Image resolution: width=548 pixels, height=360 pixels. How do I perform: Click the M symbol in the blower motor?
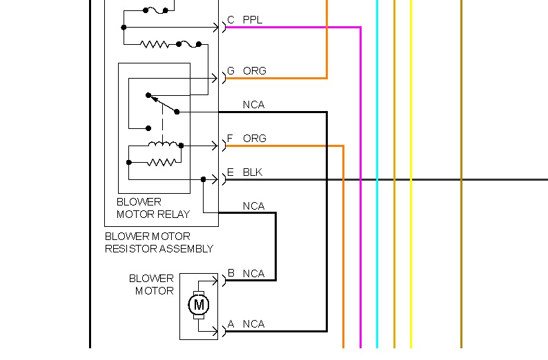click(199, 304)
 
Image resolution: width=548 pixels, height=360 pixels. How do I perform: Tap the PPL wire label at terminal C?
click(253, 20)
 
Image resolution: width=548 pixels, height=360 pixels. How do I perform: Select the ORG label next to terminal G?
click(254, 71)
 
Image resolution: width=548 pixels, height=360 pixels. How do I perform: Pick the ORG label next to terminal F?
click(254, 139)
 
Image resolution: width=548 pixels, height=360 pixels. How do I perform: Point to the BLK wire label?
click(253, 172)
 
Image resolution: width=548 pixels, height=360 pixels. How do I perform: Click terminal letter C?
click(231, 20)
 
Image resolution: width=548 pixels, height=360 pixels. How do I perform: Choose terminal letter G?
click(231, 71)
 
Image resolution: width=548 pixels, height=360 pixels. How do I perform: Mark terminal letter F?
click(231, 139)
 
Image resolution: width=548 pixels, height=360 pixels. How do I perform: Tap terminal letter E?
click(231, 172)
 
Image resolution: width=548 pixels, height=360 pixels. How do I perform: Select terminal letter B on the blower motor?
click(231, 273)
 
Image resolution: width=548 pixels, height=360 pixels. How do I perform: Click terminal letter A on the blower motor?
click(231, 323)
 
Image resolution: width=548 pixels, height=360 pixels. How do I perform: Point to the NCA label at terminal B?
click(253, 274)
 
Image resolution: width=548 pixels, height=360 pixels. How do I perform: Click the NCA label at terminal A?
click(253, 324)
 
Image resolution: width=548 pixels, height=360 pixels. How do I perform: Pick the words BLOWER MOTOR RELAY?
click(153, 208)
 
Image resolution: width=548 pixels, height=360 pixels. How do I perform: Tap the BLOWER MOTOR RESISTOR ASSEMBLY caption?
click(159, 242)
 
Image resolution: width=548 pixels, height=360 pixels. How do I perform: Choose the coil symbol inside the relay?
click(163, 144)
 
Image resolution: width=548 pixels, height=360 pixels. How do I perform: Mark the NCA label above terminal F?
click(253, 105)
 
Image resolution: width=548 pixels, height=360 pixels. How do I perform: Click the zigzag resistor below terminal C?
click(155, 44)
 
